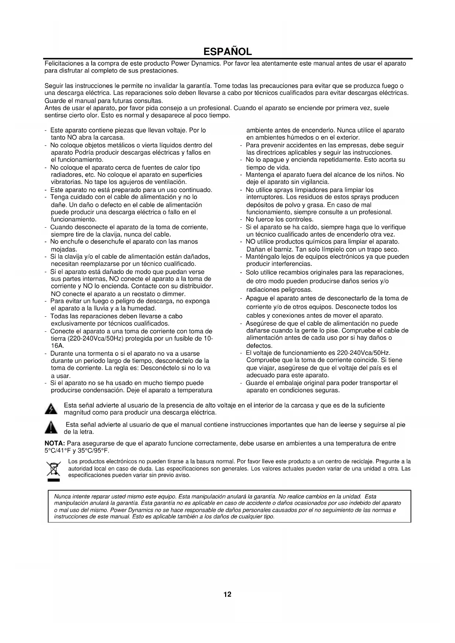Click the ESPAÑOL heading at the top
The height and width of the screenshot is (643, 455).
pyautogui.click(x=227, y=51)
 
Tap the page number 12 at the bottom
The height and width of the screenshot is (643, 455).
pyautogui.click(x=227, y=594)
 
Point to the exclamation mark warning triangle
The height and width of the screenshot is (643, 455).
pyautogui.click(x=51, y=428)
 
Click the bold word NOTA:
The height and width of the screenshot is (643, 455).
pyautogui.click(x=55, y=444)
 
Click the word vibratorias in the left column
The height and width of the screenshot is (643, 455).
pyautogui.click(x=66, y=182)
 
